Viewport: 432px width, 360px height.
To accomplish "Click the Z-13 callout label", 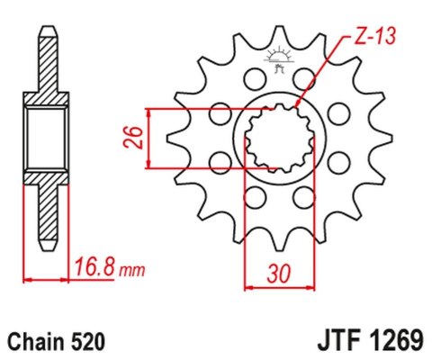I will pos(363,37).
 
